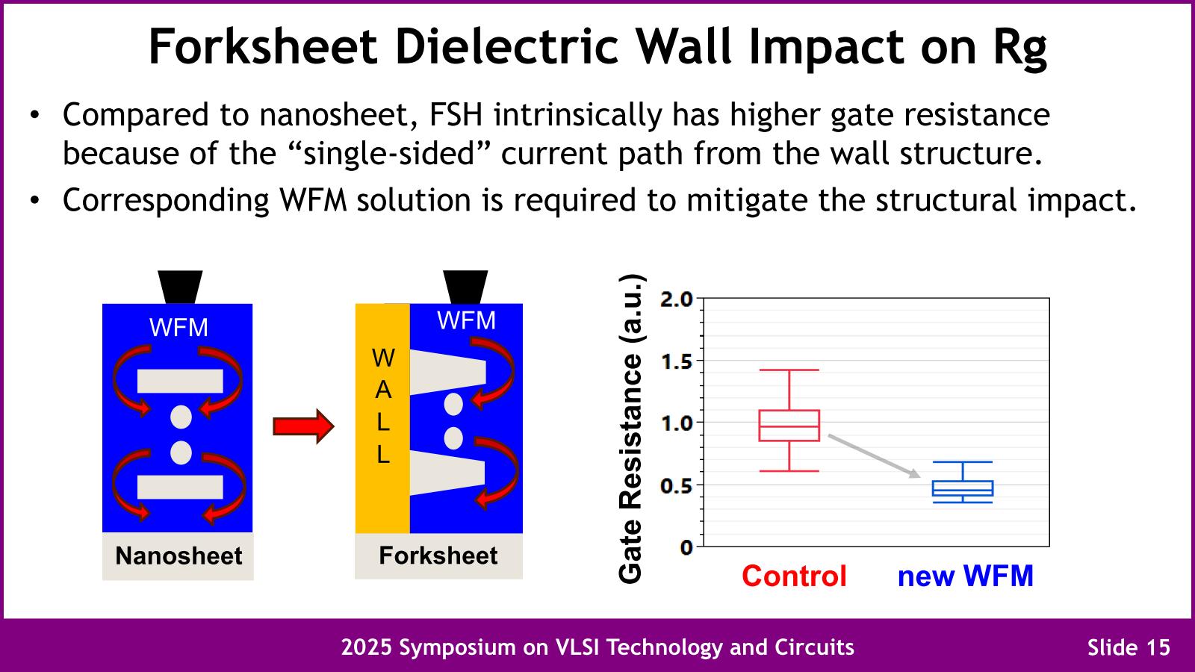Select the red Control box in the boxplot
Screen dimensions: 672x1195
(x=789, y=426)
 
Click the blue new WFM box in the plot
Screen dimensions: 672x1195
(x=963, y=488)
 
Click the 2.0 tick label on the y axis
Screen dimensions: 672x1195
(x=677, y=299)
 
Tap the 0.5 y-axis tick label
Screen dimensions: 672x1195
(x=677, y=485)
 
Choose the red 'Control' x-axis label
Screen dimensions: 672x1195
(x=794, y=576)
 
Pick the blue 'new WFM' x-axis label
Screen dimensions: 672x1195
(x=965, y=576)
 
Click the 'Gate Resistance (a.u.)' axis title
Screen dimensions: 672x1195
(x=631, y=428)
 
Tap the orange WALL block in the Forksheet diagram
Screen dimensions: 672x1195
(x=382, y=418)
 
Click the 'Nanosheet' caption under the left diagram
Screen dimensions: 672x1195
(x=179, y=556)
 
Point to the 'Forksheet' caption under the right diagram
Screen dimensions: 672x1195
(x=438, y=556)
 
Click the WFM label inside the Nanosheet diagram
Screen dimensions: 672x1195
(x=179, y=327)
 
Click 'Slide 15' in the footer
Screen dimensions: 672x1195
(x=1129, y=647)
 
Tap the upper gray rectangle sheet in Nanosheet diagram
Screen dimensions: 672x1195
(x=180, y=381)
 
